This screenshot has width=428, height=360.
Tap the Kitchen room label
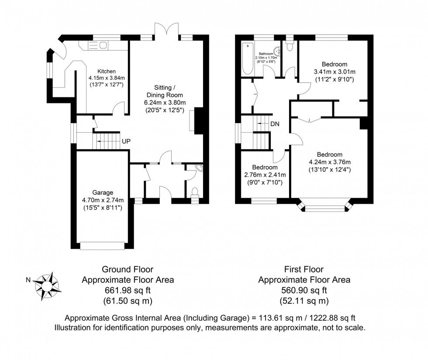click(106, 72)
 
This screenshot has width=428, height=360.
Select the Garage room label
click(103, 192)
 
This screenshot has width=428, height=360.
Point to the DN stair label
click(275, 124)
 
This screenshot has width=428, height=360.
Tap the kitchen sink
click(99, 45)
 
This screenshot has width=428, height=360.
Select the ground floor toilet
click(195, 192)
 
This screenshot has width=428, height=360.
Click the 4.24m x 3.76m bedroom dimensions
click(329, 162)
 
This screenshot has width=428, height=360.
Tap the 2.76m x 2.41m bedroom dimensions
click(264, 175)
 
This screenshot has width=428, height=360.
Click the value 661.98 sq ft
click(128, 290)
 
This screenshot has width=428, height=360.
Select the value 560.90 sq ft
click(304, 290)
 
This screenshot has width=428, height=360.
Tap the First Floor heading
click(304, 270)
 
